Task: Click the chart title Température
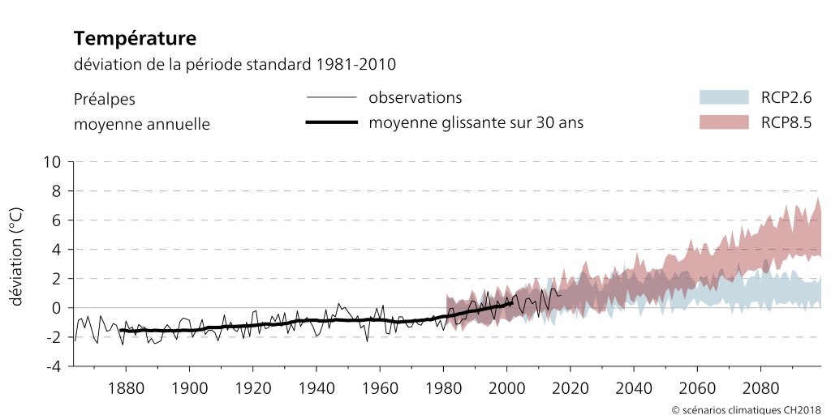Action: point(135,38)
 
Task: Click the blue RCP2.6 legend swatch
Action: point(723,97)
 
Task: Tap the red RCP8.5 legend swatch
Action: point(723,122)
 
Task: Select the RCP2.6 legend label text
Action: point(786,98)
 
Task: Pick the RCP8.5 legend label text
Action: point(786,123)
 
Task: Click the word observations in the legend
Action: point(415,98)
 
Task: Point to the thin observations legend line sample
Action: point(332,98)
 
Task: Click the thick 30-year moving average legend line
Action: point(332,123)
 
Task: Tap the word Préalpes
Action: point(105,99)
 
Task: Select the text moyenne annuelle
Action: point(142,124)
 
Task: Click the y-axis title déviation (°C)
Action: point(16,256)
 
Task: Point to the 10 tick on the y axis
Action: point(52,162)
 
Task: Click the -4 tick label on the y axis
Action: point(54,366)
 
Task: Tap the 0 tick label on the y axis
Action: point(57,308)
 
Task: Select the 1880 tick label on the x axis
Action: point(126,387)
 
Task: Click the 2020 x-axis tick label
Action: point(570,387)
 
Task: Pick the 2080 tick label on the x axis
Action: point(760,387)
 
